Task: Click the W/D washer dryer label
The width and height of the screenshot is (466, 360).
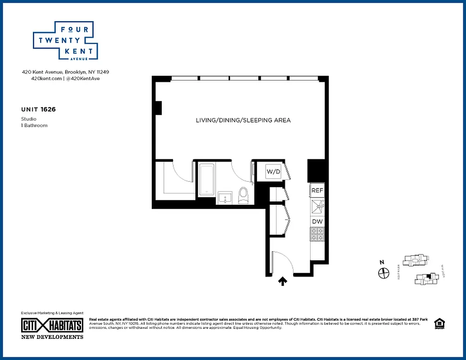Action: (x=273, y=171)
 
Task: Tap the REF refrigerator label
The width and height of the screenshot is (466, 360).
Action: (x=317, y=191)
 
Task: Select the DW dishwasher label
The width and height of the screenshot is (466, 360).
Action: (x=317, y=221)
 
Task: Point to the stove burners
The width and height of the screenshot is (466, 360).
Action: (x=317, y=234)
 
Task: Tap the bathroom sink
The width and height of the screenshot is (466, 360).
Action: (x=225, y=198)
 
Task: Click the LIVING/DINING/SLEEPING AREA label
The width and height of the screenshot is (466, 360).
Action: (x=243, y=120)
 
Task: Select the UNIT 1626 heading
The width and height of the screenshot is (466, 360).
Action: (x=38, y=109)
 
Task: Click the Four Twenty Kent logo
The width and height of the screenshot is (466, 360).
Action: (x=66, y=41)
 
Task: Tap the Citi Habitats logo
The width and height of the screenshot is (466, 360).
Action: (x=52, y=325)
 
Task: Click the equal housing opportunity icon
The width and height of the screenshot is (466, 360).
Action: (x=438, y=324)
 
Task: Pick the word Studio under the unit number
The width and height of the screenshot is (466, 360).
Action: (x=29, y=119)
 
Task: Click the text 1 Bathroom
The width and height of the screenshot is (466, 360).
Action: (x=34, y=126)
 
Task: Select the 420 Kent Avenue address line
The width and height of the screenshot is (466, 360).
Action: (x=66, y=72)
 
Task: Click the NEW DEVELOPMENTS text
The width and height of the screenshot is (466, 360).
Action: (x=52, y=337)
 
